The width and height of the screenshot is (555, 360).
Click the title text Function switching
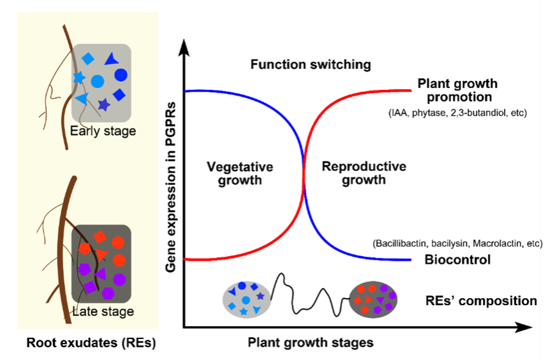[x=311, y=64]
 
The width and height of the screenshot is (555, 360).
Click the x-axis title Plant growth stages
[x=311, y=343]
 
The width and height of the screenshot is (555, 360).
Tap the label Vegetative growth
[x=240, y=173]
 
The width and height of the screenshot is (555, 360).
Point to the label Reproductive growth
[x=364, y=173]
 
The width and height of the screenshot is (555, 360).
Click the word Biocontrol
[x=457, y=260]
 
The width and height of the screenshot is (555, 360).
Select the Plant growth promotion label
[x=457, y=91]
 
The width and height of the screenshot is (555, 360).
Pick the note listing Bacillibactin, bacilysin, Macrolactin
[x=457, y=244]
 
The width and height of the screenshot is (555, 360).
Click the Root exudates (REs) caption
[x=91, y=343]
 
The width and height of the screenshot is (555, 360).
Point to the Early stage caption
[x=103, y=131]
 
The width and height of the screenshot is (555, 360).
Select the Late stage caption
[x=103, y=311]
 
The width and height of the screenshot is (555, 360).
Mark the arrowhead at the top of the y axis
[x=184, y=45]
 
